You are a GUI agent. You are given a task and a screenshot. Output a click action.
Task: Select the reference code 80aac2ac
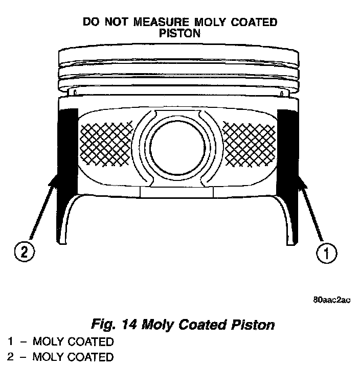click(x=332, y=301)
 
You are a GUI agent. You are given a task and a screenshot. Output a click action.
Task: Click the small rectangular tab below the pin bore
click(x=176, y=191)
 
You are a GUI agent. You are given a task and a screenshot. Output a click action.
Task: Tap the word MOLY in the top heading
click(x=208, y=22)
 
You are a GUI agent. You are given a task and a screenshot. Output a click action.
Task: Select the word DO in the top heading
click(x=90, y=22)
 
